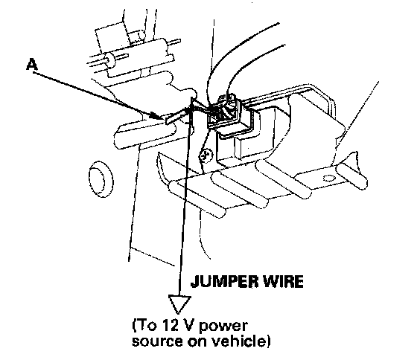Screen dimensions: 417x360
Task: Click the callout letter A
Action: (31, 65)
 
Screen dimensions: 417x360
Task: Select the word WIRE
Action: (283, 281)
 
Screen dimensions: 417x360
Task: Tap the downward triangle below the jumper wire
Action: (179, 304)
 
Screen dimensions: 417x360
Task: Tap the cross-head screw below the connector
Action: (206, 155)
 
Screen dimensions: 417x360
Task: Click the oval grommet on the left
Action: (101, 179)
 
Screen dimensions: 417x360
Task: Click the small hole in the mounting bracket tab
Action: (327, 177)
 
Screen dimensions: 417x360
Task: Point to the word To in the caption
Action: (146, 326)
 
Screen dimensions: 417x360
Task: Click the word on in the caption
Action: (197, 342)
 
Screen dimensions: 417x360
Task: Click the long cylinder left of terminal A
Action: (145, 136)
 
